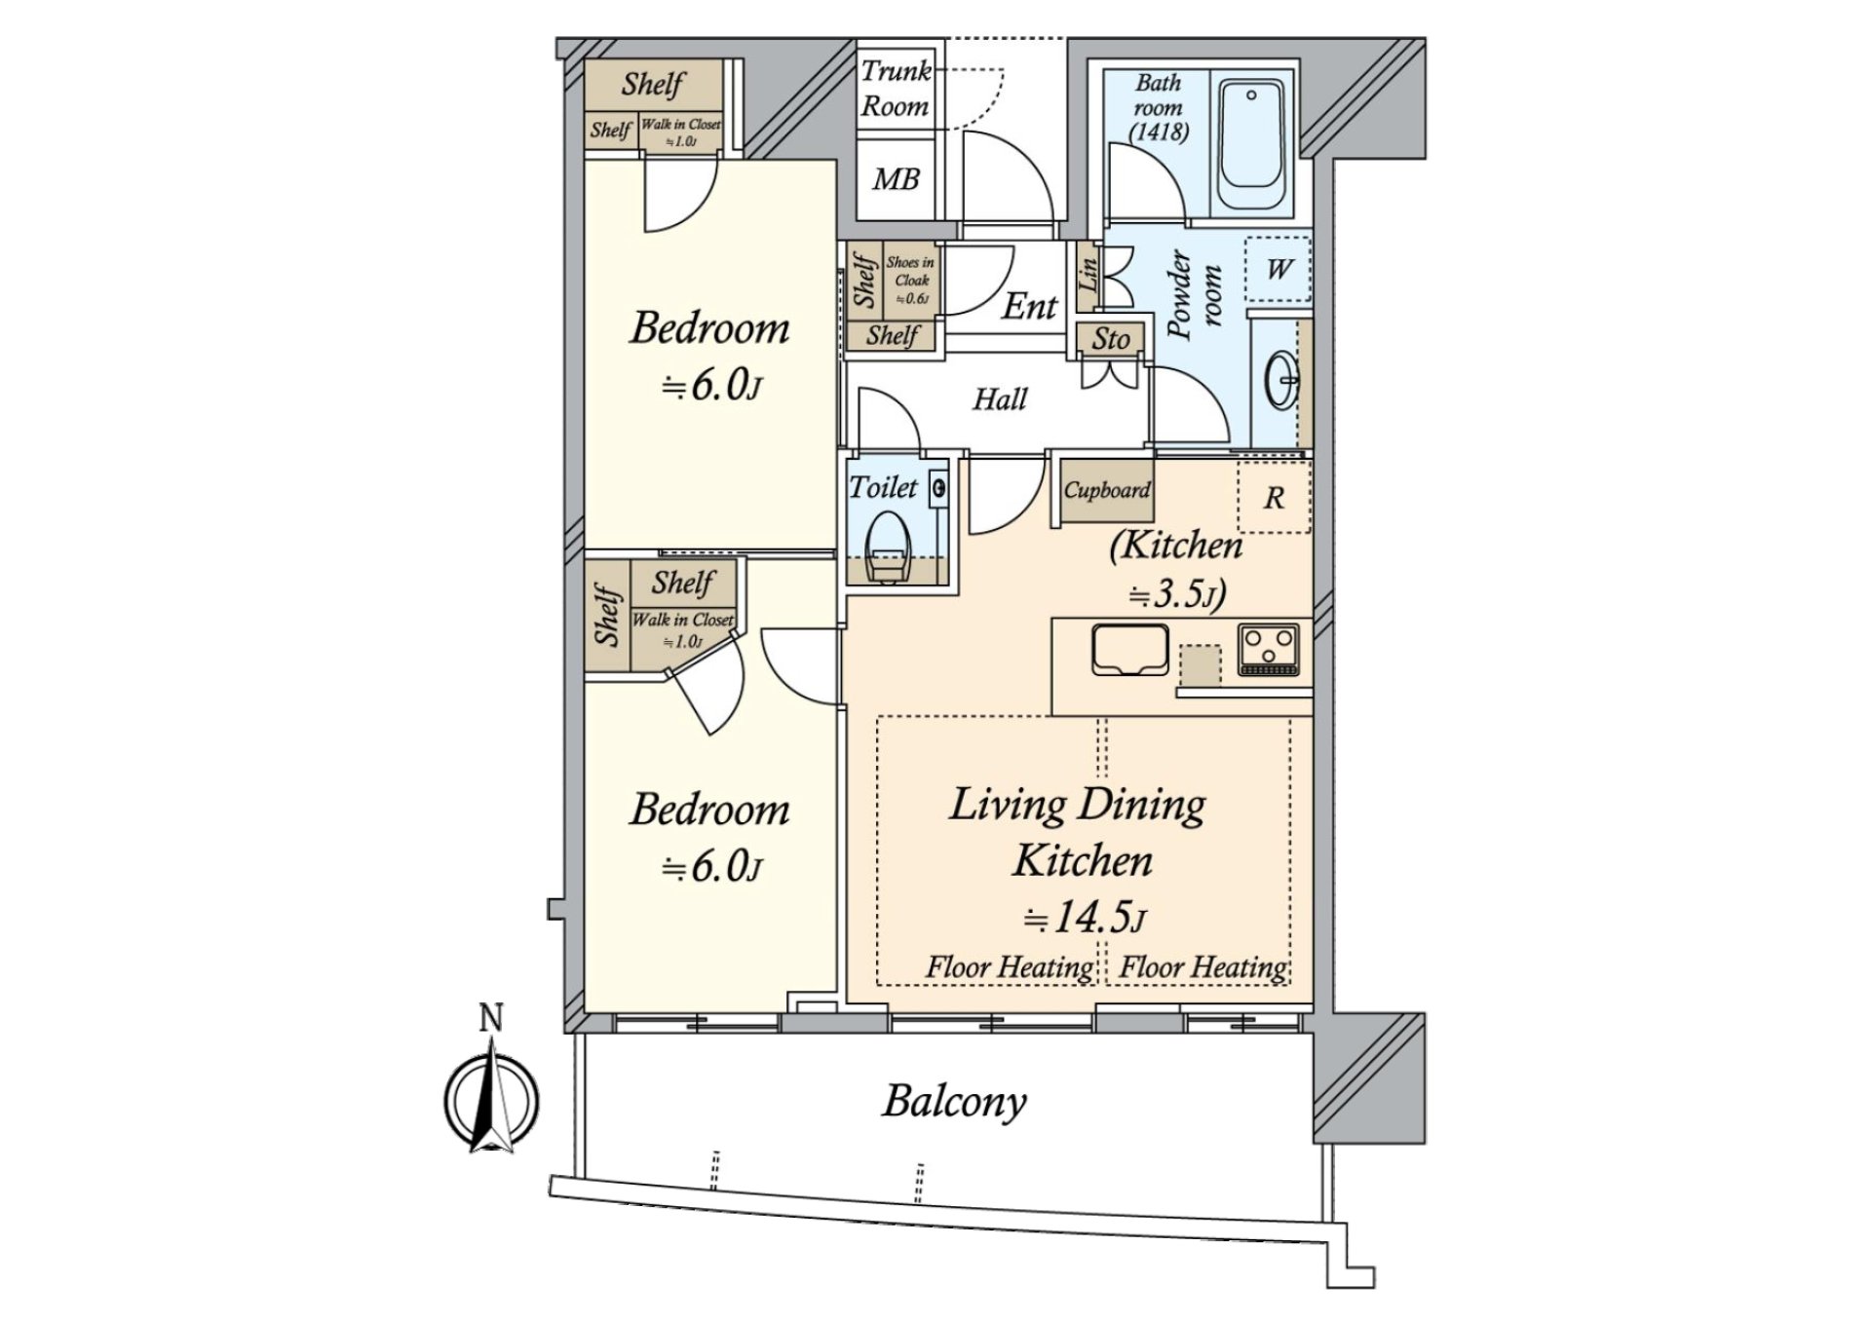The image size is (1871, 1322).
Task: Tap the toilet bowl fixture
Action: click(x=888, y=551)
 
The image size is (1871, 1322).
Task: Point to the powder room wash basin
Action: click(x=1280, y=380)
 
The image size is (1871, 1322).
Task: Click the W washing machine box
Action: click(x=1278, y=267)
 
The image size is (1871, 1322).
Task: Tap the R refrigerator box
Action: click(x=1274, y=498)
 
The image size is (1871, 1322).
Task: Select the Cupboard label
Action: click(x=1106, y=490)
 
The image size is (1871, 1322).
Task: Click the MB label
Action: click(x=896, y=179)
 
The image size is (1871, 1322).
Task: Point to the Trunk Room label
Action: click(x=896, y=89)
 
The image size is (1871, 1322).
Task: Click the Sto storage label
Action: click(x=1110, y=339)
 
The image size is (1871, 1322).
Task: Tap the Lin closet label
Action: click(x=1088, y=277)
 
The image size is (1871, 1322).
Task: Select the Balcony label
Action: click(x=954, y=1102)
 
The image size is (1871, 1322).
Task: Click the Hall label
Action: click(x=1000, y=398)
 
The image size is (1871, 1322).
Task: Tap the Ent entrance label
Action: click(x=1029, y=306)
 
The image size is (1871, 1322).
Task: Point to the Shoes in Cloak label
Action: click(x=911, y=280)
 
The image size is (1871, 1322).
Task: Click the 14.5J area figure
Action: click(x=1084, y=917)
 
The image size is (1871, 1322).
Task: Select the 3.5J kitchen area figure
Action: click(x=1176, y=593)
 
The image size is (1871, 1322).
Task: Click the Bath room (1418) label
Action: click(x=1159, y=107)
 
